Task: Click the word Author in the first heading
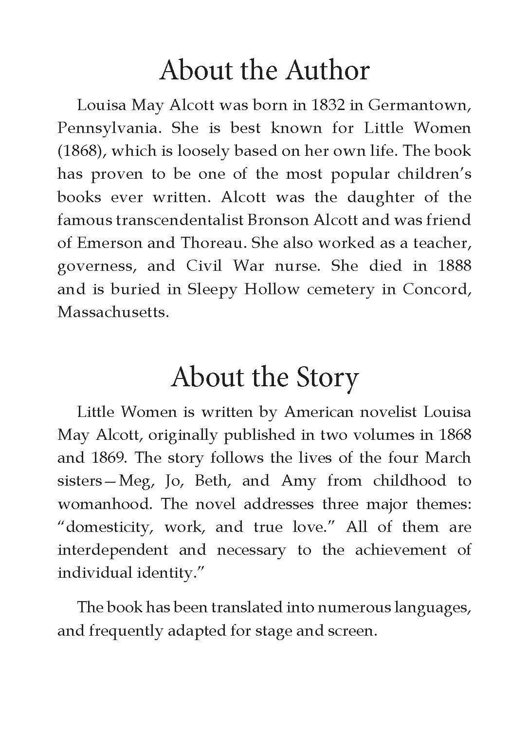(328, 71)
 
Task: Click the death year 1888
(454, 266)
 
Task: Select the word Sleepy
(212, 290)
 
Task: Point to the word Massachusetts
(113, 312)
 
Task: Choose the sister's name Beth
(213, 481)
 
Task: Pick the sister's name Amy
(298, 481)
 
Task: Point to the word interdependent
(112, 550)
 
